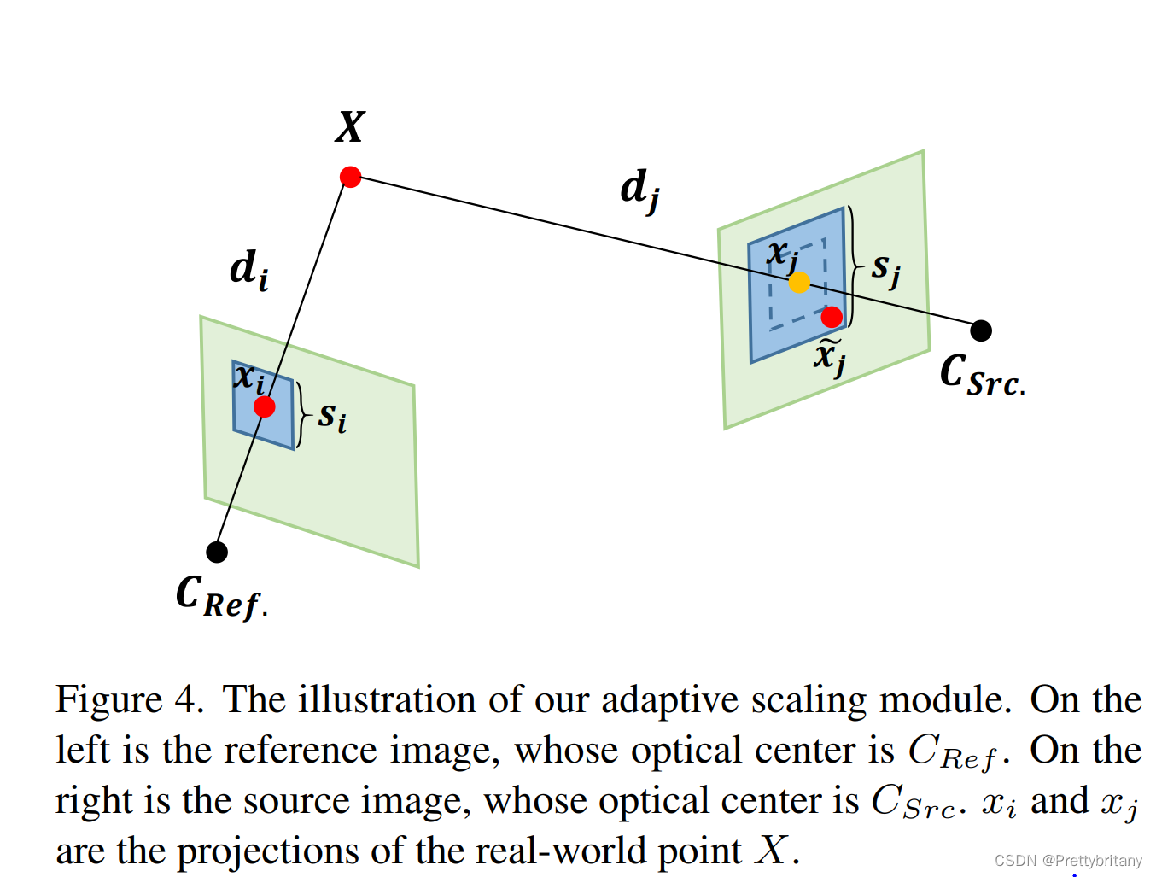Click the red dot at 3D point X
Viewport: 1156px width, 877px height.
pos(350,177)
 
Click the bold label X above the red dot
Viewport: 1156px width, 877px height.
pos(350,127)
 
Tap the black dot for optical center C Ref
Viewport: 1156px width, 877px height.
pos(217,552)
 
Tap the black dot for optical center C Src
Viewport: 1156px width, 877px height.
pos(981,330)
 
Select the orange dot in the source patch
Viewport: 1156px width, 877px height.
pos(799,283)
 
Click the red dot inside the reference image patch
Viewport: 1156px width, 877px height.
pos(265,406)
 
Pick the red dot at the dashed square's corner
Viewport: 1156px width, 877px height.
pos(832,318)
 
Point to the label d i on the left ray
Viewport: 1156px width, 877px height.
pos(248,270)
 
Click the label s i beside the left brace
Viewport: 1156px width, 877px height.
pos(332,417)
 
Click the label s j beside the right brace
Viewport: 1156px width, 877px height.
pos(885,269)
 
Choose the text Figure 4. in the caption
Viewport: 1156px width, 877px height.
pos(129,700)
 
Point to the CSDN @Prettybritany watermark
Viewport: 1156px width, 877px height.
pos(1067,861)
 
